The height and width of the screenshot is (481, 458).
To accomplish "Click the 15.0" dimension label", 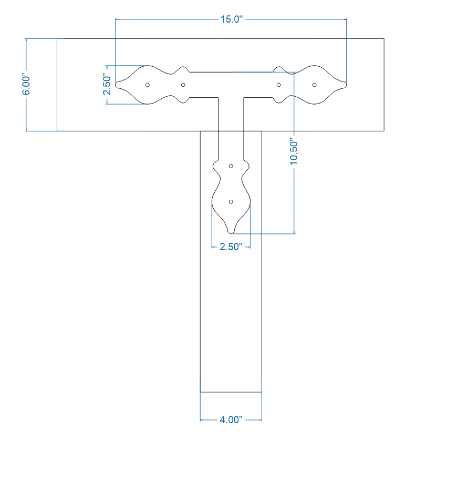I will point(231,19).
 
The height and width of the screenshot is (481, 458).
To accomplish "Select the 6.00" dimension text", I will point(26,85).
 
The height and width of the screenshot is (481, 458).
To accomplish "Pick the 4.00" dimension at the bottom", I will point(231,420).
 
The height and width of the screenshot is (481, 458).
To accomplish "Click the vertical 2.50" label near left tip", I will point(107,85).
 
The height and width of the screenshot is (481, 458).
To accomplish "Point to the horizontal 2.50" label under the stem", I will point(231,247).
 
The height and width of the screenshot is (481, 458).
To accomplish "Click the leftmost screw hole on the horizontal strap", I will point(148,85).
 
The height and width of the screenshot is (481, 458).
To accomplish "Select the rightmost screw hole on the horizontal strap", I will point(314,85).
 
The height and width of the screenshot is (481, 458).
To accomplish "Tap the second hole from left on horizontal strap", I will point(183,85).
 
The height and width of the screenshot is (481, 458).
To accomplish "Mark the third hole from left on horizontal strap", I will point(279,85).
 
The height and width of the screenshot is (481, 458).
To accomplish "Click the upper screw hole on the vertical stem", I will point(231,166).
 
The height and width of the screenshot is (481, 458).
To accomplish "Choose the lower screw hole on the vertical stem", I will point(231,201).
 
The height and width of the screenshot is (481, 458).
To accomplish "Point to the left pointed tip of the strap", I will point(117,85).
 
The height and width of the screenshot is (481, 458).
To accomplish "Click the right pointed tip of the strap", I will point(346,85).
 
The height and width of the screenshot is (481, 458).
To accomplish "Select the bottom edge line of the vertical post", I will point(231,392).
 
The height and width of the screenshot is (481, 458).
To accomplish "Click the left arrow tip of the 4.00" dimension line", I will point(201,420).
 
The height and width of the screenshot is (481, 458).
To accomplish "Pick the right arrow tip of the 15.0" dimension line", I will point(346,19).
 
